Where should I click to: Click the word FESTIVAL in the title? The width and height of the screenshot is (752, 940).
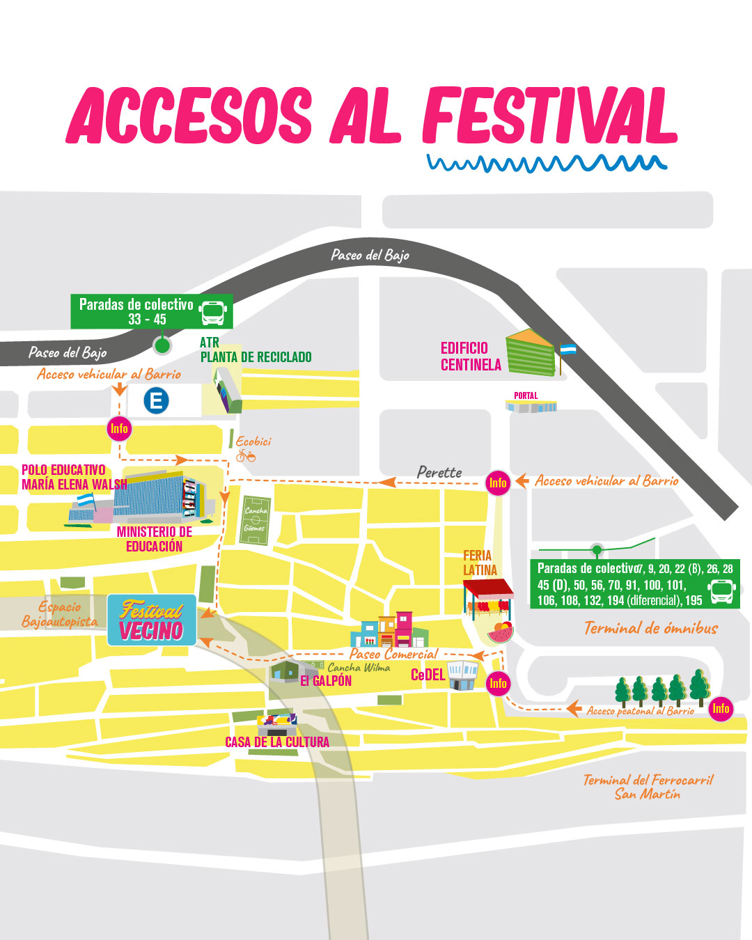tap(549, 116)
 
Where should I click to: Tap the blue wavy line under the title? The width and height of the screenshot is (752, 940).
tap(547, 164)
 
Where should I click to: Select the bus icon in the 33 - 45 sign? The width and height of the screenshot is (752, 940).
tap(213, 313)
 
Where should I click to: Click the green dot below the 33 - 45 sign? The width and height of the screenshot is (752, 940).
tap(162, 345)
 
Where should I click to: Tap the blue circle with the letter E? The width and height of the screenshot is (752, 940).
tap(156, 400)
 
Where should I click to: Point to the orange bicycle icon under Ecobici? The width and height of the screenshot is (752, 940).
tap(246, 456)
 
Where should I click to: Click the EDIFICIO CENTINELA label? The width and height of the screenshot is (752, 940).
tap(471, 357)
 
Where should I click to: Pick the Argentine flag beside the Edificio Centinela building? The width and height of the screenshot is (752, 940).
tap(568, 350)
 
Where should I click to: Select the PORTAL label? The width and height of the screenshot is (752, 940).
tap(526, 395)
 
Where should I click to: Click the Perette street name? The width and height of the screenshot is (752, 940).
tap(439, 472)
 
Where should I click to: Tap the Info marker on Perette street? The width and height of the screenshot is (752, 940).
tap(498, 483)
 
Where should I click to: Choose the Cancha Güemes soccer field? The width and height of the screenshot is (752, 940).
tap(256, 519)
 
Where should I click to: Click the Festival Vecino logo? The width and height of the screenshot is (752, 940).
tap(152, 620)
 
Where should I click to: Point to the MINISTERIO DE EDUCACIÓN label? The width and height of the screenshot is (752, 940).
tap(154, 539)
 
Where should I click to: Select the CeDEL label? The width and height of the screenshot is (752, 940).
tap(428, 675)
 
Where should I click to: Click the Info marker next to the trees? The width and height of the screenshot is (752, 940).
tap(721, 709)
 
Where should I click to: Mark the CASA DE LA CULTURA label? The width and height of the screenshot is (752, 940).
tap(277, 742)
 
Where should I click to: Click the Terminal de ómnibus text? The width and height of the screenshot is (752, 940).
tap(650, 628)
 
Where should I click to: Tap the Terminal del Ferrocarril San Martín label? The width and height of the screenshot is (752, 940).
tap(648, 787)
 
